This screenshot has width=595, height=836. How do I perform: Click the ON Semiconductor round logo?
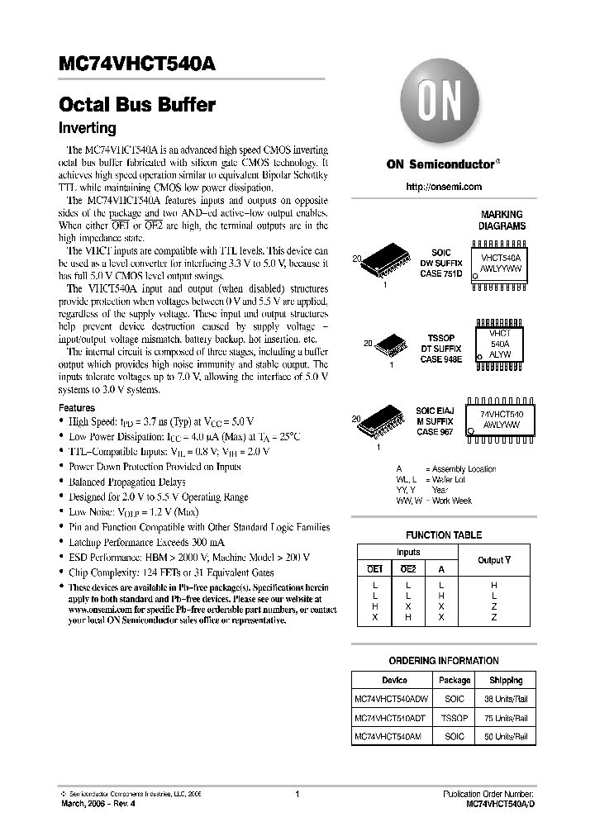pyautogui.click(x=442, y=106)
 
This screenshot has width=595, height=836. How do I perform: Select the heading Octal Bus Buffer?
pyautogui.click(x=137, y=105)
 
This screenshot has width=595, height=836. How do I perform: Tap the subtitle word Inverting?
pyautogui.click(x=87, y=128)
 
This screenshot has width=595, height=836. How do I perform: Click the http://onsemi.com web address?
pyautogui.click(x=444, y=187)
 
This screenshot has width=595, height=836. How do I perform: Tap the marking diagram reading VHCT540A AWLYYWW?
pyautogui.click(x=502, y=263)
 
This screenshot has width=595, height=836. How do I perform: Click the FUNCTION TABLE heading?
pyautogui.click(x=444, y=534)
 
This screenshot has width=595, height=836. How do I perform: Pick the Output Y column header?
pyautogui.click(x=494, y=560)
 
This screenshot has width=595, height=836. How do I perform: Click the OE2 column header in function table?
pyautogui.click(x=407, y=568)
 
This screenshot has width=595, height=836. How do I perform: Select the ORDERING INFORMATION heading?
pyautogui.click(x=444, y=661)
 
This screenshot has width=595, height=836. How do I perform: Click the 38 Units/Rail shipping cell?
pyautogui.click(x=505, y=698)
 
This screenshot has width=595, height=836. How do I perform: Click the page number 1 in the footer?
pyautogui.click(x=297, y=794)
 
